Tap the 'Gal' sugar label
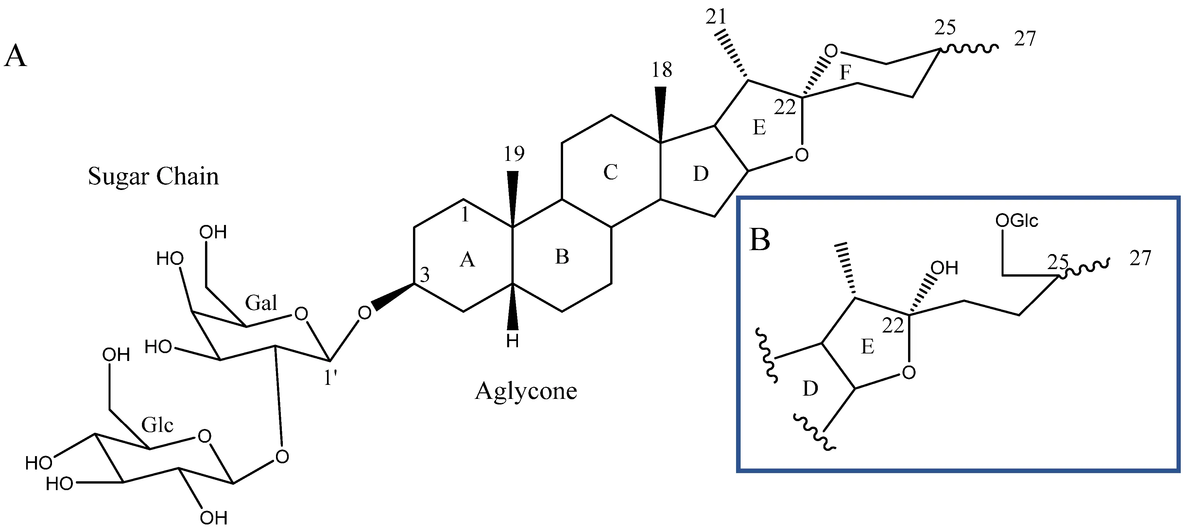pyautogui.click(x=261, y=303)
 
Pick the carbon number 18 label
pyautogui.click(x=662, y=70)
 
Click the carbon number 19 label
pyautogui.click(x=514, y=154)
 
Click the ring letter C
pyautogui.click(x=610, y=172)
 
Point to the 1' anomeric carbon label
pyautogui.click(x=331, y=378)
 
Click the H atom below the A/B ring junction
pyautogui.click(x=512, y=342)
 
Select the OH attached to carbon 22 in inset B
pyautogui.click(x=944, y=268)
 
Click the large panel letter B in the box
pyautogui.click(x=760, y=239)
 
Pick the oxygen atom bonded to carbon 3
pyautogui.click(x=365, y=313)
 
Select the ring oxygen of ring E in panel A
pyautogui.click(x=801, y=155)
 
